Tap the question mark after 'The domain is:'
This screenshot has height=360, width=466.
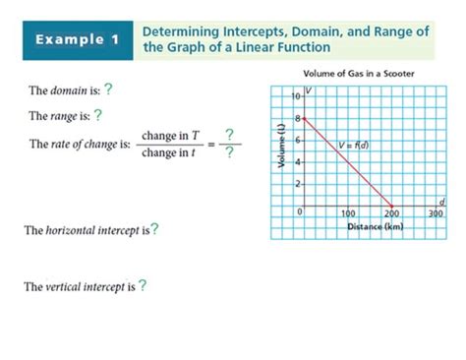coord(108,90)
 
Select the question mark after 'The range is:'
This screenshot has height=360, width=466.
coord(98,115)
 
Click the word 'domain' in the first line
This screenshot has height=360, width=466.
coord(65,90)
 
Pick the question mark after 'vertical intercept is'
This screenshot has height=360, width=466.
coord(143,286)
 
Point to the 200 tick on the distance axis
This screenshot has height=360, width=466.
coord(391,213)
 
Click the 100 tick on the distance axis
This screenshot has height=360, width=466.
coord(348,213)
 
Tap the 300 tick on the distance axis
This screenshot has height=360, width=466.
coord(436,213)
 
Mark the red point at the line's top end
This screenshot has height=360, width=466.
coord(305,118)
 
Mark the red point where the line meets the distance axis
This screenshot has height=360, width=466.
coord(391,206)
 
